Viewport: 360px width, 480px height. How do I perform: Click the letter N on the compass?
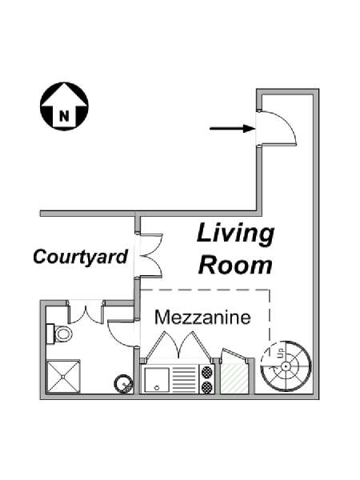tap(64, 116)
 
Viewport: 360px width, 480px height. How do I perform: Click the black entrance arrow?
tap(232, 129)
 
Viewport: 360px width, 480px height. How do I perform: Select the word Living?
tap(235, 234)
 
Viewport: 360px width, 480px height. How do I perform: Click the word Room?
tap(235, 265)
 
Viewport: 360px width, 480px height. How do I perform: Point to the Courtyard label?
tap(80, 257)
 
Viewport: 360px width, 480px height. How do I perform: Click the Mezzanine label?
tap(202, 318)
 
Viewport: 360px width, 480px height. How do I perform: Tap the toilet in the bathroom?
tap(60, 334)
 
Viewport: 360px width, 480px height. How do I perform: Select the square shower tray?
tap(63, 376)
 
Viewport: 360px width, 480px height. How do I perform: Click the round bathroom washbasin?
tap(124, 383)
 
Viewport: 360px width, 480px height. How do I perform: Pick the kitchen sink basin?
tap(157, 379)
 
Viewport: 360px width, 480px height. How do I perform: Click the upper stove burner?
tap(206, 373)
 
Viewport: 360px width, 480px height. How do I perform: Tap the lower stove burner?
tap(206, 386)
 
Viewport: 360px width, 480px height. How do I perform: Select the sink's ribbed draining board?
tap(184, 379)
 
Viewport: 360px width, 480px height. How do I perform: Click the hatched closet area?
tap(234, 378)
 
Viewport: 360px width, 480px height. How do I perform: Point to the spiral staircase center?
tap(286, 366)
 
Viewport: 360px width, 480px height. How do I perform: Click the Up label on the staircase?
tap(281, 353)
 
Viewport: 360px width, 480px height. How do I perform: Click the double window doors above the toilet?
tap(86, 312)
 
